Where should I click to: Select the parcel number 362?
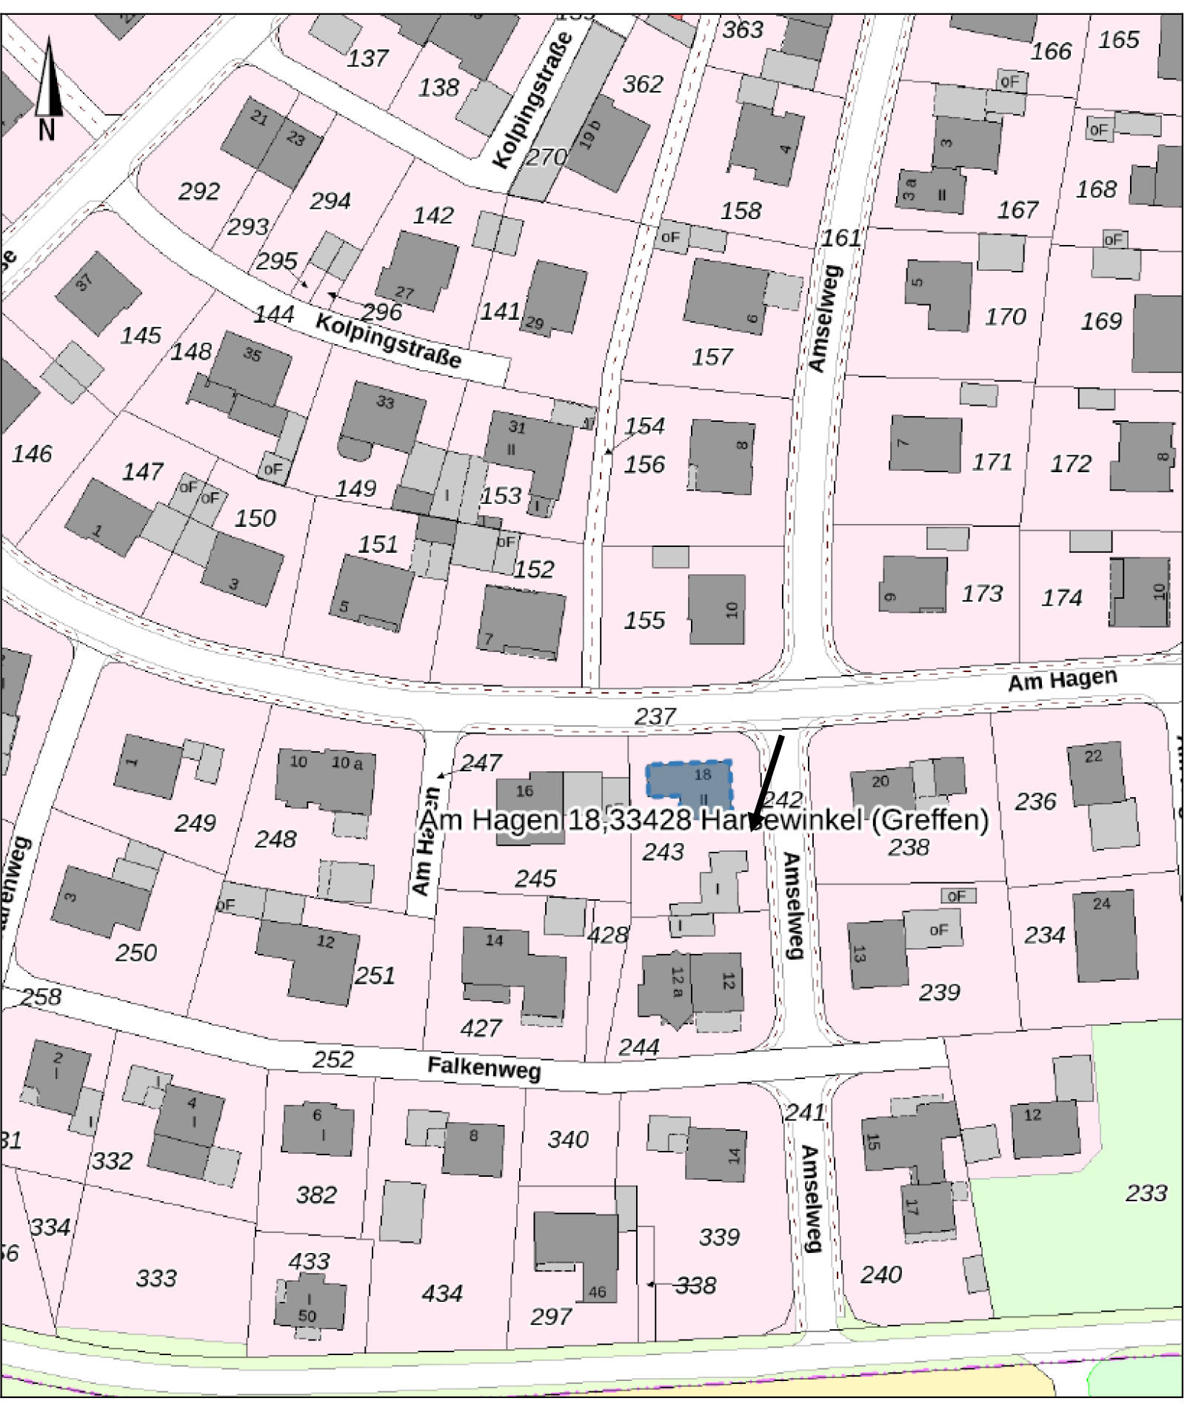(x=642, y=84)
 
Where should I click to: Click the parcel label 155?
(x=644, y=620)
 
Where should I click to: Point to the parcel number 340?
(x=568, y=1139)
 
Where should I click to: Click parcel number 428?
(x=608, y=935)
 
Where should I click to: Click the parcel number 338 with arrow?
(x=695, y=1285)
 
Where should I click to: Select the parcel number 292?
(x=198, y=192)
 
